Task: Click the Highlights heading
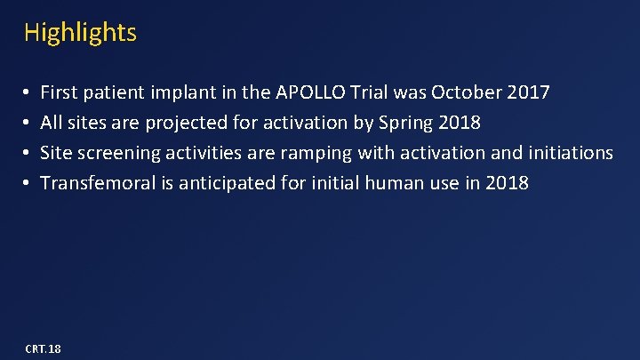80,33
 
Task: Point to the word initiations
569,153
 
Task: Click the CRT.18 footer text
43,348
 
